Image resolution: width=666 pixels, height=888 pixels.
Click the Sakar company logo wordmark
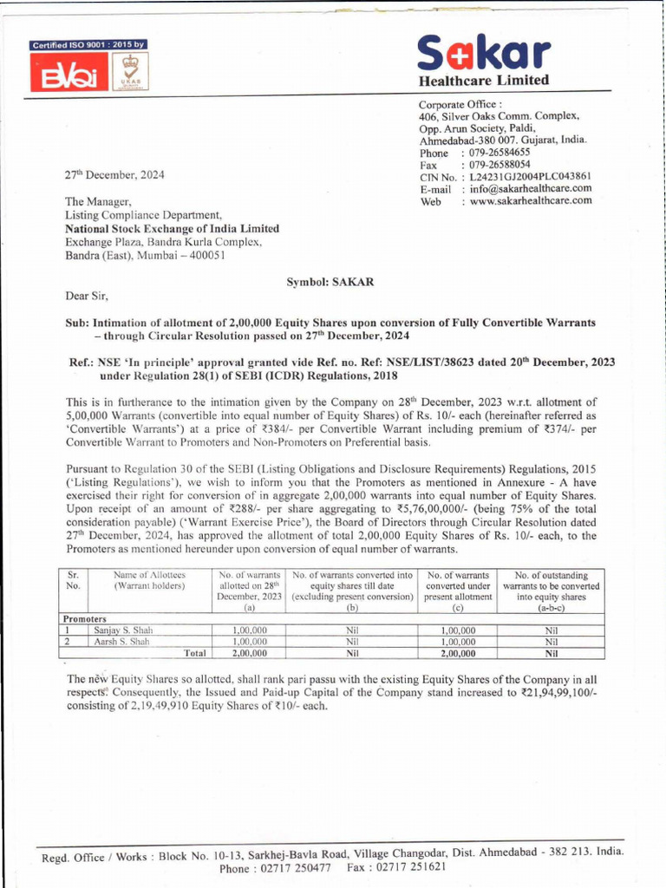pos(483,54)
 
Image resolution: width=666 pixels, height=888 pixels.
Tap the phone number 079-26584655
pos(500,152)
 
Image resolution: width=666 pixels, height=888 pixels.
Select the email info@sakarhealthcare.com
pos(531,188)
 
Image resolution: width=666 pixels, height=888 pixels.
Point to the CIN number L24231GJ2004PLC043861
pos(531,176)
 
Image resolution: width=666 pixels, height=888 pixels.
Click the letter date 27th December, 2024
pos(114,174)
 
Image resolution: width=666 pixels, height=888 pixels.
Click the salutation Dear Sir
pos(88,296)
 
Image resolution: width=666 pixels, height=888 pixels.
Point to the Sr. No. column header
pos(73,580)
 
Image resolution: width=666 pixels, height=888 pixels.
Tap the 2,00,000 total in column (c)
pos(458,653)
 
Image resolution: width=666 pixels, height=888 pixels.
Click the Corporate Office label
pos(454,103)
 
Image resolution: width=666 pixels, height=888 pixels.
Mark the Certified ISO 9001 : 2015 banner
pos(88,44)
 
